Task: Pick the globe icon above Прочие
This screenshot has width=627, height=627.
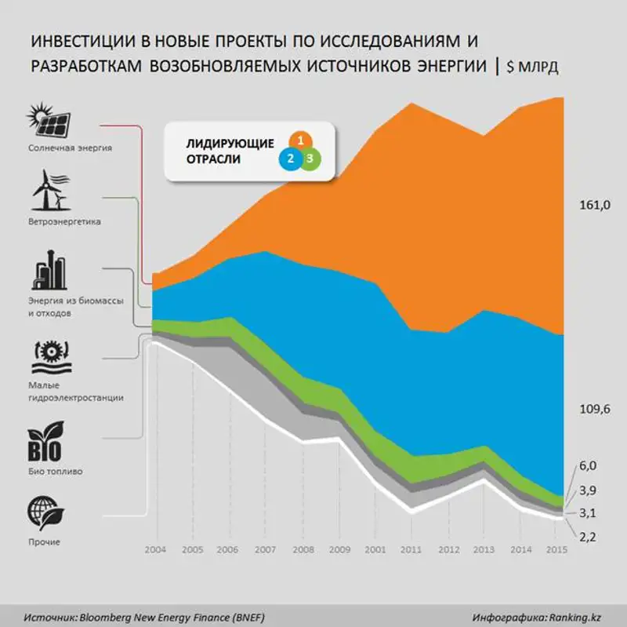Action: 46,511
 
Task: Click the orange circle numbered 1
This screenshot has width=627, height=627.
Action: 299,140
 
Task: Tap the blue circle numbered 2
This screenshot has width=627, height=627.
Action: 290,159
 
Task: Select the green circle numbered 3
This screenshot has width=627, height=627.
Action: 311,159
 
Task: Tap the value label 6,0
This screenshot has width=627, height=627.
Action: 589,466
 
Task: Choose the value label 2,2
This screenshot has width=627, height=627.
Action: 589,537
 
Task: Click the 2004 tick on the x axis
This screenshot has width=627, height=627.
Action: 156,549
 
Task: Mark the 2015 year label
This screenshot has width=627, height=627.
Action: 556,549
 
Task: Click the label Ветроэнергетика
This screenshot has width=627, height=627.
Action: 64,221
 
